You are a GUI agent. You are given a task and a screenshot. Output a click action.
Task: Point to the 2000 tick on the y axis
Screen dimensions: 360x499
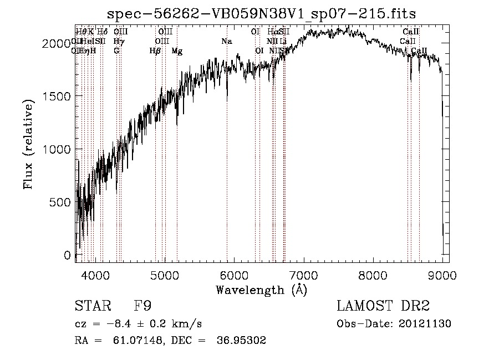tap(58, 43)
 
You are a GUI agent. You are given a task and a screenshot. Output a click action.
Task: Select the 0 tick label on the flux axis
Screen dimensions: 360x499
tap(68, 255)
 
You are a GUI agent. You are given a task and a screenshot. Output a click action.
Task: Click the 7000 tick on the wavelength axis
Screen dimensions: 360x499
tap(303, 275)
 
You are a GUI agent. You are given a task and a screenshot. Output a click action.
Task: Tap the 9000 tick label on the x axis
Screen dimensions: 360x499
tap(442, 275)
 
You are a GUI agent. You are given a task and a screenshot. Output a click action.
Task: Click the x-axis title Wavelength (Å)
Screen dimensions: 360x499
tap(261, 290)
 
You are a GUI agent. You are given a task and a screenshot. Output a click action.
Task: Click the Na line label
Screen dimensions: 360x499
tap(226, 42)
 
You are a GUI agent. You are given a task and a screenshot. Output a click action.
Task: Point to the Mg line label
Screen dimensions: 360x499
tap(177, 51)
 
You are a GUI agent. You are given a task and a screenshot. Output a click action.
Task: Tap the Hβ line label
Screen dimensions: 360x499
tap(155, 51)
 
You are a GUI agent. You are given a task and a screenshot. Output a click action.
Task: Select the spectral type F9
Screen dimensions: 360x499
tap(142, 306)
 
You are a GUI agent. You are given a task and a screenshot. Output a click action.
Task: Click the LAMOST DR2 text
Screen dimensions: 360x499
tap(383, 306)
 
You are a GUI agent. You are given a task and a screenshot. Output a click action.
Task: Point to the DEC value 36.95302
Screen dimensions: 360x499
tap(244, 341)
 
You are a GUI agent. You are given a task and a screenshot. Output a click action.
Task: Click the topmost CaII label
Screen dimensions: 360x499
tap(411, 32)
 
